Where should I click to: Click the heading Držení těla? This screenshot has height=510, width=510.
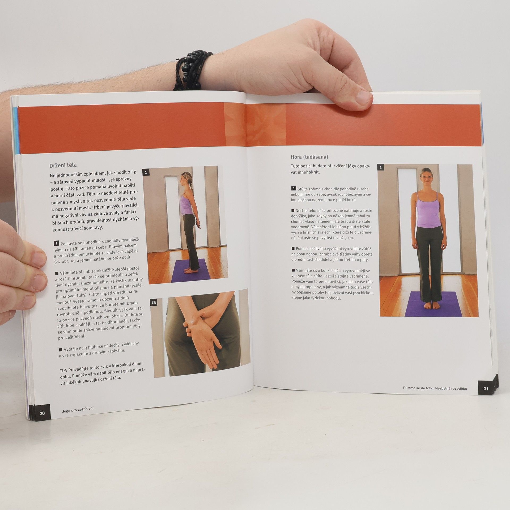[x=63, y=165]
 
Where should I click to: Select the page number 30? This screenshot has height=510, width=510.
[x=42, y=413]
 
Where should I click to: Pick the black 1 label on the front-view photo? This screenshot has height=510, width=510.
[x=381, y=167]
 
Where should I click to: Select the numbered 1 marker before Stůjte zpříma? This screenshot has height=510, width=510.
[x=294, y=188]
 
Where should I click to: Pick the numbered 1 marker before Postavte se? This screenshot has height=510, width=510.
[x=56, y=243]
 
